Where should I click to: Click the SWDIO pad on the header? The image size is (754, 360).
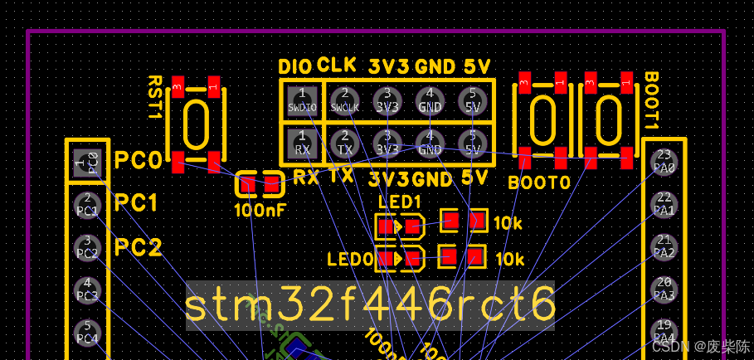[302, 100]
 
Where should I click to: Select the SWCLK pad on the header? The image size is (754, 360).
[345, 100]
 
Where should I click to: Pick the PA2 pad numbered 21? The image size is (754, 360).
[664, 246]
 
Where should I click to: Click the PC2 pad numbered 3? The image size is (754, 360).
[87, 246]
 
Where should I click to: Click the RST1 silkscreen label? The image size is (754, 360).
[155, 98]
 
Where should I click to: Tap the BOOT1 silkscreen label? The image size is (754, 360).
[651, 100]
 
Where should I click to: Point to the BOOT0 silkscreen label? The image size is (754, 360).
[539, 182]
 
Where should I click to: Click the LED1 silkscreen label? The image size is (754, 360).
[399, 202]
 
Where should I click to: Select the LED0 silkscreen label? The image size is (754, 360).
[350, 260]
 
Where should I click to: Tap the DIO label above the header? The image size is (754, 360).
[294, 66]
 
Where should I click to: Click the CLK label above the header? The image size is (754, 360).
[337, 65]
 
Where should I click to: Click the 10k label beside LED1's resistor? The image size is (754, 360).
[508, 223]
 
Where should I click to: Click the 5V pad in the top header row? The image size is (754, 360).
[472, 100]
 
